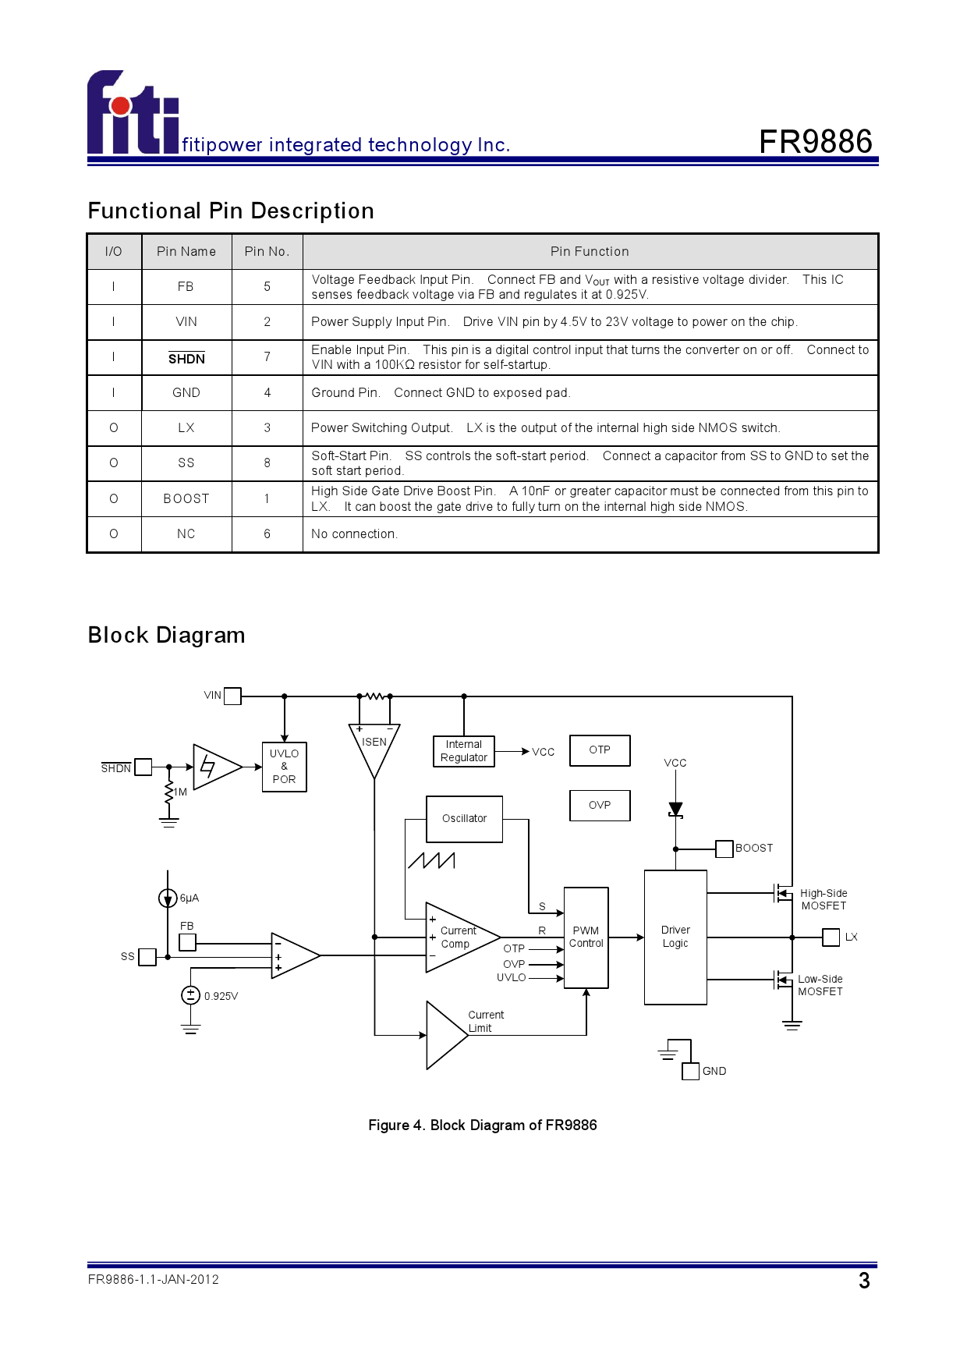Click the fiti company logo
tap(133, 112)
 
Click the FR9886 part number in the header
tap(816, 142)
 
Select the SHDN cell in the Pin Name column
tap(186, 358)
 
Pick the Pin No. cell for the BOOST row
tap(267, 499)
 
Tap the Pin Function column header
tap(590, 251)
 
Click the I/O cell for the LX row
tap(114, 428)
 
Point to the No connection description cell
tap(590, 534)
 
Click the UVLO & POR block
tap(285, 767)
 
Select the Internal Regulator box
tap(464, 751)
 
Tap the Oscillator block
tap(465, 819)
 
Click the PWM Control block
tap(586, 937)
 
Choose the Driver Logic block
tap(675, 937)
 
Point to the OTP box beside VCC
tap(600, 750)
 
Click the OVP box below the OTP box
tap(600, 806)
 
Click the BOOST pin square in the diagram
tap(724, 849)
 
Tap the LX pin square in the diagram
tap(831, 937)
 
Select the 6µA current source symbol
tap(168, 898)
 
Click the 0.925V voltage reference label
tap(221, 996)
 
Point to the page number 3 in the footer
tap(864, 1281)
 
